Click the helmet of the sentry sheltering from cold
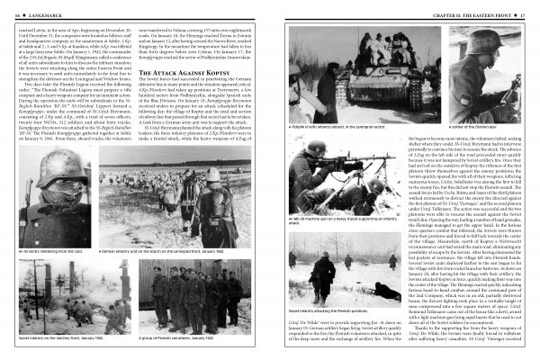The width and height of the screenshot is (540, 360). point(49,191)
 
